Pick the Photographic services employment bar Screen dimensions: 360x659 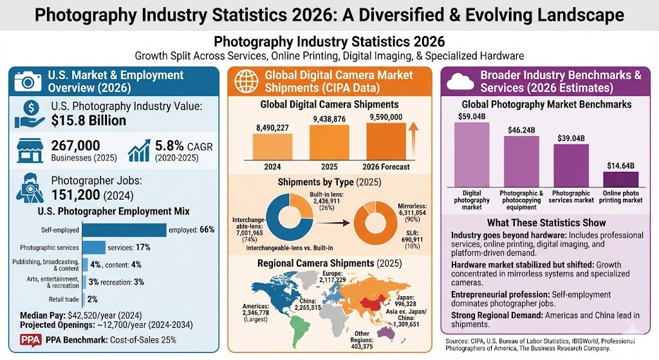(95, 247)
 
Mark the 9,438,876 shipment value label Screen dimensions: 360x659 (329, 118)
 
